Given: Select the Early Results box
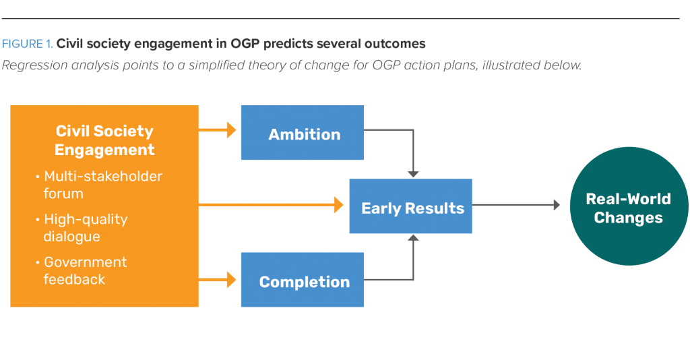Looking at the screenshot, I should pos(410,206).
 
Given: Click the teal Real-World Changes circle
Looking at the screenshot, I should pos(628,206).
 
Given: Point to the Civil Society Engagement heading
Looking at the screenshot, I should pos(104,140).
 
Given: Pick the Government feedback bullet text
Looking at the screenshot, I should pos(85,270).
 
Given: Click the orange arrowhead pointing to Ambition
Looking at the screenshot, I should pos(232,131).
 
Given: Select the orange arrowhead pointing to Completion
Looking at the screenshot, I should pos(232,278).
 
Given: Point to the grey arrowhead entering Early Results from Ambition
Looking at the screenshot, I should pos(413,174).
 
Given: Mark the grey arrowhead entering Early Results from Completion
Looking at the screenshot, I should pos(413,238).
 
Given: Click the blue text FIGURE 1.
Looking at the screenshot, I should pos(28,44).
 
